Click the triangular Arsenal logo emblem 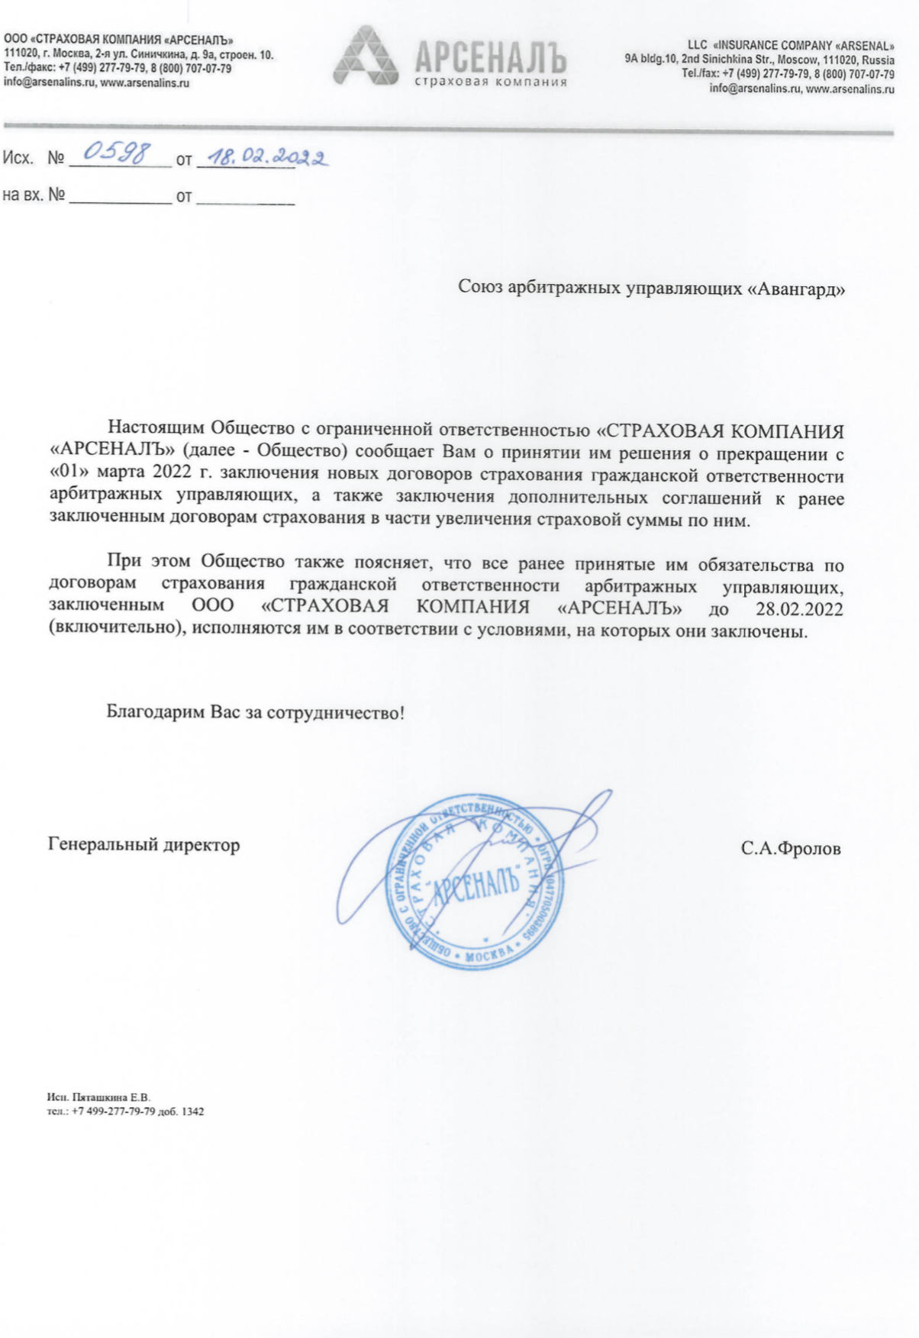pos(366,56)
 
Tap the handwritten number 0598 pos(116,153)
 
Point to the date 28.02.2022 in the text pos(800,608)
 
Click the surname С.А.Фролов pos(791,849)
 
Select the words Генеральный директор pos(144,845)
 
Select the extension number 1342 pos(193,1111)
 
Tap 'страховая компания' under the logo pos(491,82)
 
